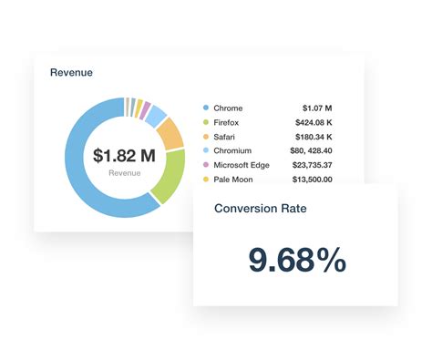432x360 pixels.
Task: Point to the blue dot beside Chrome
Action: [206, 108]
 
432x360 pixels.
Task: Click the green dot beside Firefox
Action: [206, 122]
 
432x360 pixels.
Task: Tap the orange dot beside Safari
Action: [206, 137]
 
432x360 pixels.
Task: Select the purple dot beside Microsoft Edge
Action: [206, 166]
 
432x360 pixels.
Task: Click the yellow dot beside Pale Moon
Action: [206, 180]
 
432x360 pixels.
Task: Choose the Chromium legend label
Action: [234, 151]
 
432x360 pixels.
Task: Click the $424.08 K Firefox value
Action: [308, 122]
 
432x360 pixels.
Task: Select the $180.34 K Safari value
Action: [308, 137]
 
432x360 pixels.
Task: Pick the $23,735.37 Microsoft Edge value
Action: [306, 166]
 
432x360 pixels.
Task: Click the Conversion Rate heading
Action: [260, 208]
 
